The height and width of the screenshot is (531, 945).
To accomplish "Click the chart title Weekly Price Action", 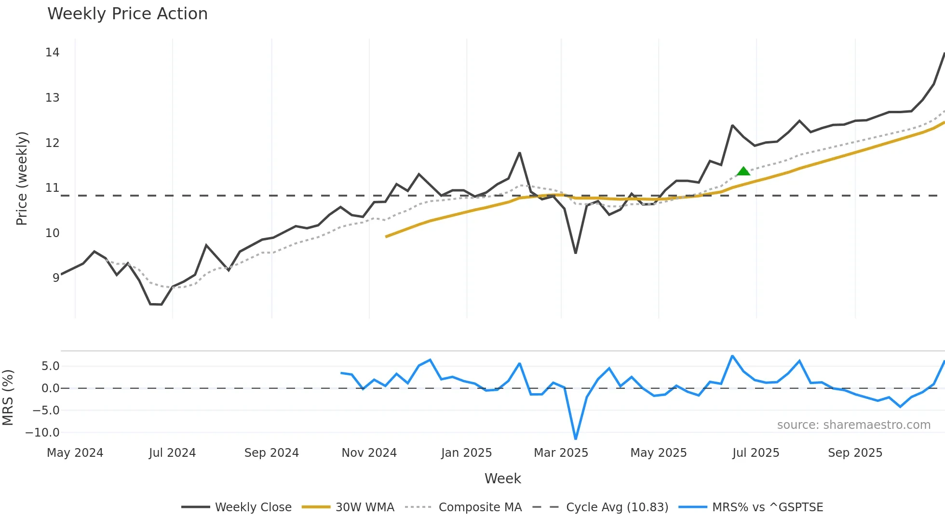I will click(x=127, y=14).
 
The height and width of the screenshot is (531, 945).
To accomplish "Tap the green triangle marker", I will click(x=743, y=171).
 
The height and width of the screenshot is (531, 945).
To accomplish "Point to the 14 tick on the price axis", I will click(x=52, y=53).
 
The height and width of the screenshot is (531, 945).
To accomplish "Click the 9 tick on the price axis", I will click(x=56, y=278).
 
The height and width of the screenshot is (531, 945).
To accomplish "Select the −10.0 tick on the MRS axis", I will click(x=42, y=433).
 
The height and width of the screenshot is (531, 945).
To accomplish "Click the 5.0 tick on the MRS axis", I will click(x=50, y=366).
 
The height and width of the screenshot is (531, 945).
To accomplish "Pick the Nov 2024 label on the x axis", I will click(x=369, y=453).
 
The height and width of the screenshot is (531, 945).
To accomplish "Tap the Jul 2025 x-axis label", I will click(x=756, y=453).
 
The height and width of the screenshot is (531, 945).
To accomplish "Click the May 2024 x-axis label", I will click(x=75, y=453).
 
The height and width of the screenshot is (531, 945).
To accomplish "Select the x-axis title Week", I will click(x=502, y=478).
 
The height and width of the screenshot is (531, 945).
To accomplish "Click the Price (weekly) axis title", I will click(x=22, y=178).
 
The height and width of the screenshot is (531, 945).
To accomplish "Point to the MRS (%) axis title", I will click(x=8, y=398).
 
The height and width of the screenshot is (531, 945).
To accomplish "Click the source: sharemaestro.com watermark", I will click(x=853, y=425).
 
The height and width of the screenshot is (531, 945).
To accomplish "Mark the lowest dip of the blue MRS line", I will click(x=576, y=438).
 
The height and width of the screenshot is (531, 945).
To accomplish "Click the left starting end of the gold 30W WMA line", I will click(x=386, y=237).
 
